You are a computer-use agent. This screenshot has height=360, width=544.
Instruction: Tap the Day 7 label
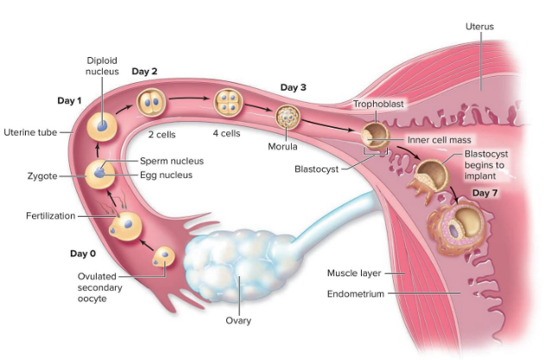pyautogui.click(x=485, y=192)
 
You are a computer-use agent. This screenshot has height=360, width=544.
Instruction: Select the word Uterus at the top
pyautogui.click(x=479, y=27)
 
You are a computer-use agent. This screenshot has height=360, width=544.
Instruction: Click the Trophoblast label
pyautogui.click(x=378, y=104)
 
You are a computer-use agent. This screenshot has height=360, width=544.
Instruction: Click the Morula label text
pyautogui.click(x=282, y=146)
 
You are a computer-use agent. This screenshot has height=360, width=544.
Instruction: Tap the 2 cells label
pyautogui.click(x=161, y=135)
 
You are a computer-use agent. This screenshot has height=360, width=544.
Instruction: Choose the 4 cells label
pyautogui.click(x=226, y=134)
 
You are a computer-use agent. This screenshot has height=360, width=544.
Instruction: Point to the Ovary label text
pyautogui.click(x=237, y=320)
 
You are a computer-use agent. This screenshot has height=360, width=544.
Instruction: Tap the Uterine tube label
pyautogui.click(x=31, y=132)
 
